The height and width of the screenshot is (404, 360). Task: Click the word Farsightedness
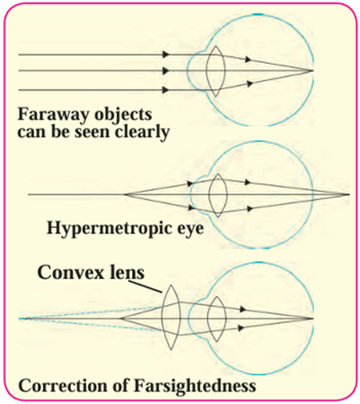(195, 386)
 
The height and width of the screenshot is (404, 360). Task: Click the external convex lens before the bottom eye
(171, 317)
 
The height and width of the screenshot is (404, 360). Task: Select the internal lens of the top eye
(215, 71)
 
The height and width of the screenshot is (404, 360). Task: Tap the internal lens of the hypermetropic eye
(218, 195)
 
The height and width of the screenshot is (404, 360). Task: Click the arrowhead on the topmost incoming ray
(166, 55)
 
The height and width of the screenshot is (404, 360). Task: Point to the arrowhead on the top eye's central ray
(166, 71)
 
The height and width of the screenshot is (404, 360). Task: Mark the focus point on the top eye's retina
(312, 71)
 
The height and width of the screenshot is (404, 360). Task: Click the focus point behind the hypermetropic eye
(348, 195)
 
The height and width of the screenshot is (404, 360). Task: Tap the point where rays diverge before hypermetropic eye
(125, 195)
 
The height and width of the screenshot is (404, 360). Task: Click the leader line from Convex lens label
(145, 285)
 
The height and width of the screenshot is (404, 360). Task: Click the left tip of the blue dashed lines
(19, 319)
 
